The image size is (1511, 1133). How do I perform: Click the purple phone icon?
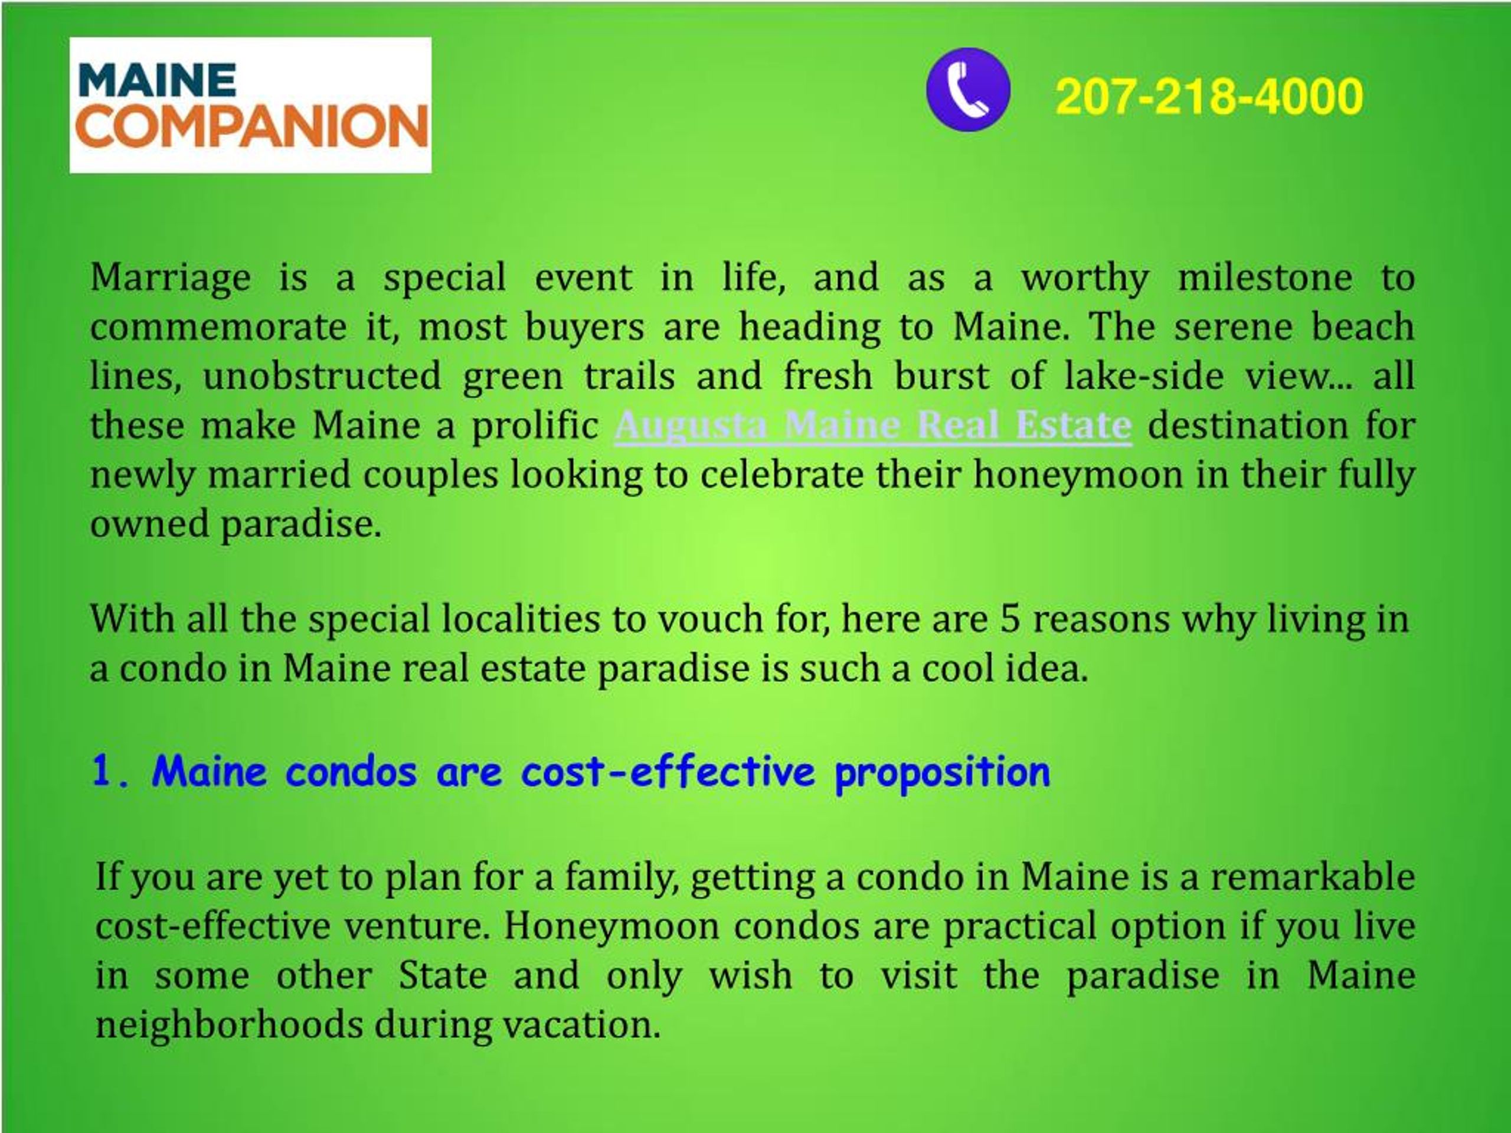coord(968,90)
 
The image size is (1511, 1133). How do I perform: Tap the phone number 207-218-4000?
coord(1208,96)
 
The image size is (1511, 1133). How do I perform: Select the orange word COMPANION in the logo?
coord(252,127)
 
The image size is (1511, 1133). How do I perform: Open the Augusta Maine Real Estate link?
coord(872,426)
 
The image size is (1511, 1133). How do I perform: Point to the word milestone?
coord(1264,277)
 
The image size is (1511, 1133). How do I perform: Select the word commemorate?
coord(218,327)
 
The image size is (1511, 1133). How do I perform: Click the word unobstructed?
coord(322,377)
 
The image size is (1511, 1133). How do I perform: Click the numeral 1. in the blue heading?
coord(110,772)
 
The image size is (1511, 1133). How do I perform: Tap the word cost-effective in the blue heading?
coord(668,772)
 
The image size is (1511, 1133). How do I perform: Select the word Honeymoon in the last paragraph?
coord(611,926)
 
